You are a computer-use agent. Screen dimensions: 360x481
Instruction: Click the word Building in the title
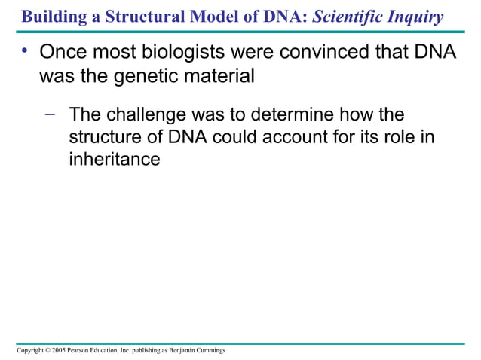pyautogui.click(x=47, y=17)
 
